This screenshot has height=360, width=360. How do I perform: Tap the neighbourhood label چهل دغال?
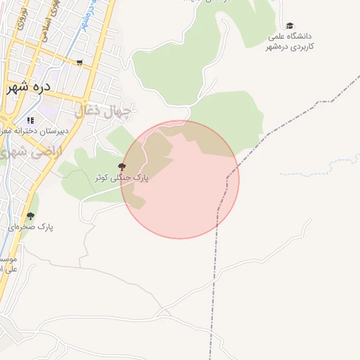(103, 111)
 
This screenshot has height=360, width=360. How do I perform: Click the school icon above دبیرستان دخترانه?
(30, 120)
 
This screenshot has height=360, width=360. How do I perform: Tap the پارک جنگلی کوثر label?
(122, 178)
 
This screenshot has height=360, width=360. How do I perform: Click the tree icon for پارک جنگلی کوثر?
(122, 167)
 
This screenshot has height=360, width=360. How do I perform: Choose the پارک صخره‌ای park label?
(32, 227)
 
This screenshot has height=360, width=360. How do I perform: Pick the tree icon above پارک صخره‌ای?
(30, 216)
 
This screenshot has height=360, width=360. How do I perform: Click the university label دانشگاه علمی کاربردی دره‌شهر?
(290, 41)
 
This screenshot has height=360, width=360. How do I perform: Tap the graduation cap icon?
(290, 25)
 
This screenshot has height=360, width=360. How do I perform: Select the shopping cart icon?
(79, 63)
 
